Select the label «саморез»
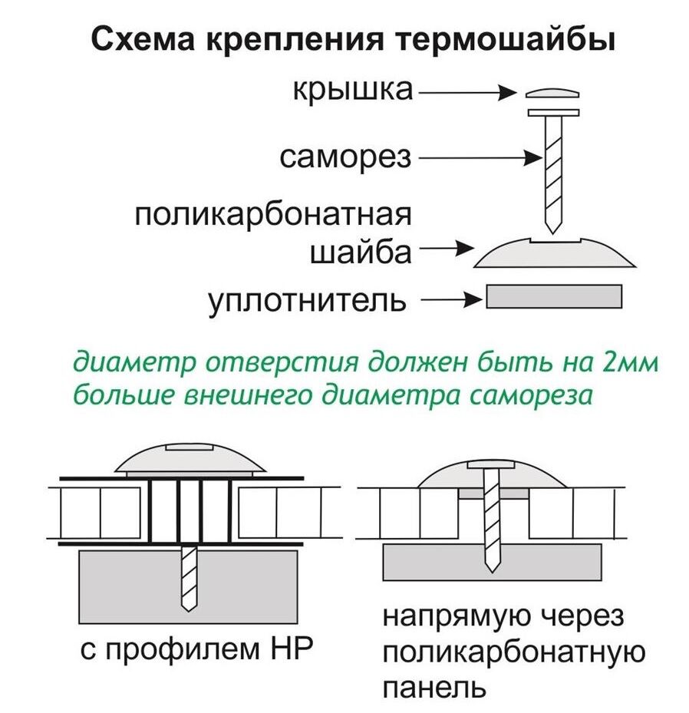pyautogui.click(x=346, y=158)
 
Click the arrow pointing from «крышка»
pyautogui.click(x=467, y=93)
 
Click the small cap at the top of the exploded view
pyautogui.click(x=552, y=94)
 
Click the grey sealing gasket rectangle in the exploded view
pyautogui.click(x=554, y=296)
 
